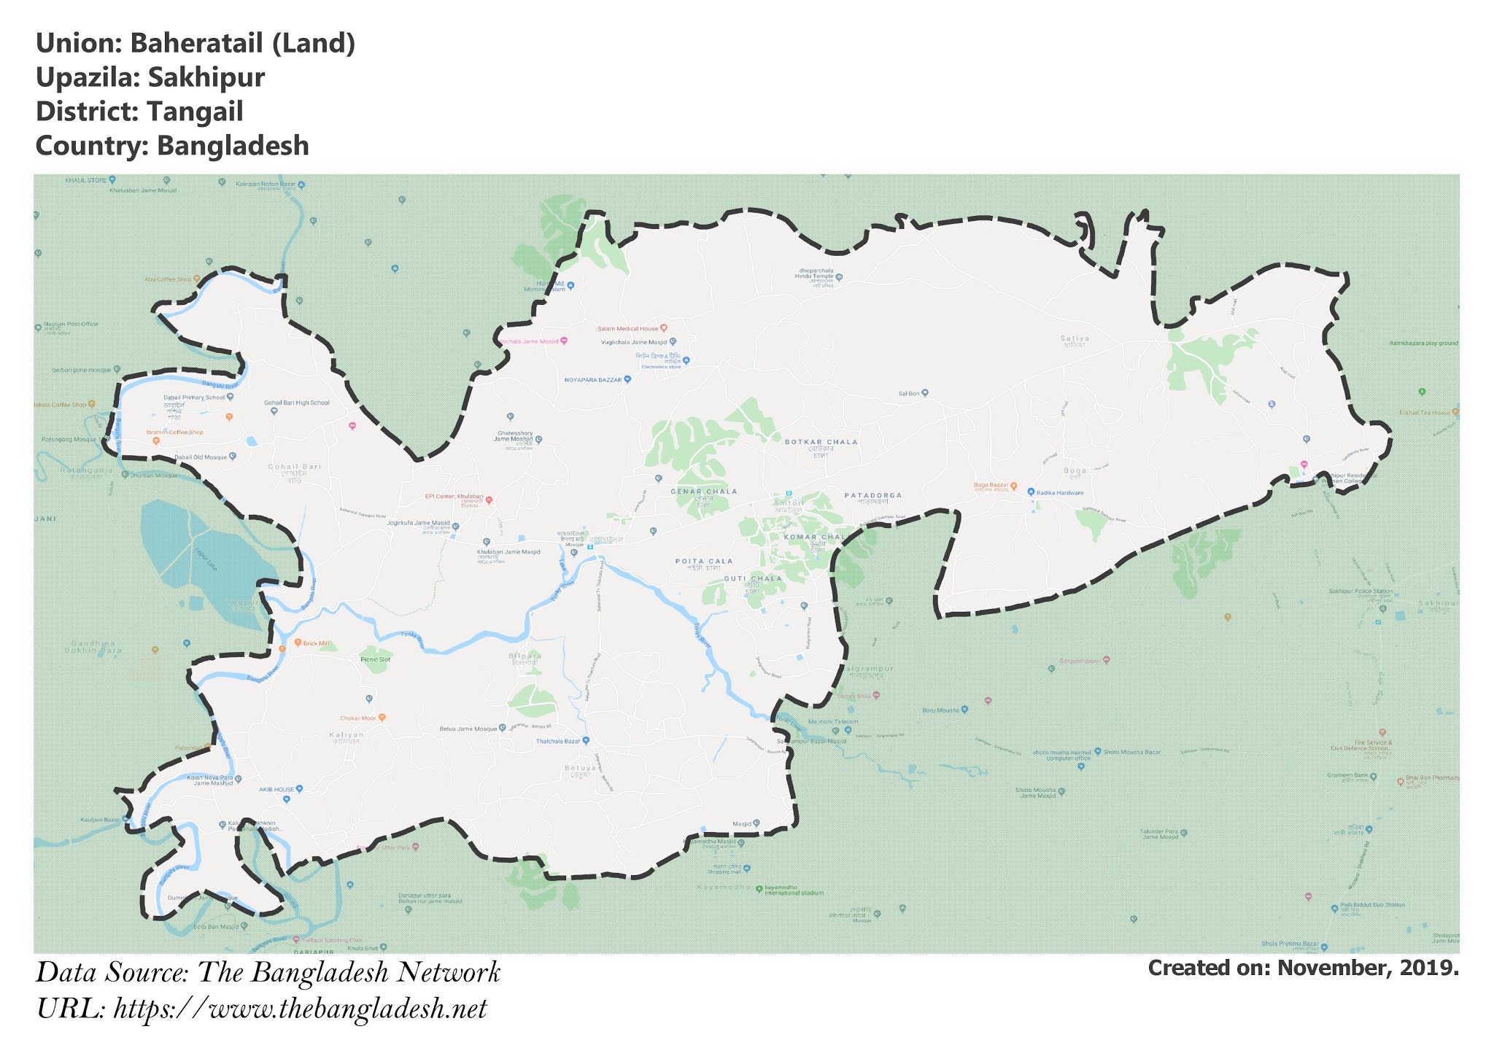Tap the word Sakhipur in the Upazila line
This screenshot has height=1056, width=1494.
[x=206, y=78]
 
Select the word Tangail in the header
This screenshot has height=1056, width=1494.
[x=195, y=112]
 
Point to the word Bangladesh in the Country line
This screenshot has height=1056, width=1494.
[x=233, y=146]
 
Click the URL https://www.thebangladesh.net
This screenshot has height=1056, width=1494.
[x=301, y=1009]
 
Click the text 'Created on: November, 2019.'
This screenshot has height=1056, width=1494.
[x=1303, y=968]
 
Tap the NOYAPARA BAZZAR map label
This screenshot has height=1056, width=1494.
[x=593, y=380]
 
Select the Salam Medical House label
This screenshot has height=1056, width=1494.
[x=627, y=329]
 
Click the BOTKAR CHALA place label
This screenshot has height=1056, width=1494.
[x=821, y=442]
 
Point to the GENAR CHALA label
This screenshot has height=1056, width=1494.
[x=703, y=492]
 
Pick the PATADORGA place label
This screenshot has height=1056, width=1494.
[x=873, y=495]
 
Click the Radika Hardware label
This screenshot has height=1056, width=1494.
[x=1060, y=493]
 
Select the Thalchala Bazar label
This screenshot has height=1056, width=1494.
[x=558, y=742]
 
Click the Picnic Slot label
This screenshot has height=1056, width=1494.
[x=376, y=659]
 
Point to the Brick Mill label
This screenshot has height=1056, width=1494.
[x=315, y=643]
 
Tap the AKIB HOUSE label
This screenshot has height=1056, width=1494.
[x=276, y=790]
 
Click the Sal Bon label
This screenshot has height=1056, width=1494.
[x=908, y=393]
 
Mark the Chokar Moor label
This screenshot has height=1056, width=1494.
[x=357, y=718]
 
